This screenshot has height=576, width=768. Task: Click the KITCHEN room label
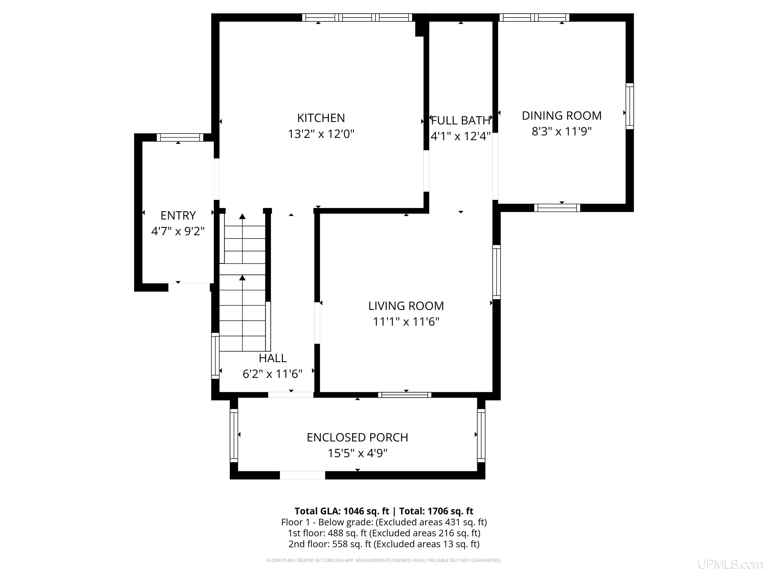click(x=321, y=118)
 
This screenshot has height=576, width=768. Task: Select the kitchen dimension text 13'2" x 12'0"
click(x=321, y=134)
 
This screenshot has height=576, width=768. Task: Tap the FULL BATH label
click(x=460, y=120)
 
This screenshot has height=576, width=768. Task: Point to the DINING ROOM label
click(x=561, y=115)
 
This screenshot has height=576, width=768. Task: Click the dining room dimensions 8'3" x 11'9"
click(x=561, y=131)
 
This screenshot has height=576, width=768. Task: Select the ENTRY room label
click(x=178, y=215)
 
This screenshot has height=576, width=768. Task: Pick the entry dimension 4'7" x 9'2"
click(x=178, y=231)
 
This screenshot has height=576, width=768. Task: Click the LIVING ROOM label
click(x=406, y=306)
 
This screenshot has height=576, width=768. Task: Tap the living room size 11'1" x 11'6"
click(x=406, y=322)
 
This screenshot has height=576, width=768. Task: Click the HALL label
click(x=272, y=358)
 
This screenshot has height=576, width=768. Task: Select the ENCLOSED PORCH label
click(x=357, y=437)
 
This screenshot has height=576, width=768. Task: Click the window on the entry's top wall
click(x=180, y=137)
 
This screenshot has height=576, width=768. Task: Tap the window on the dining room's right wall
click(x=629, y=106)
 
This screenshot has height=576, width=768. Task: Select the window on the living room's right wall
click(x=496, y=272)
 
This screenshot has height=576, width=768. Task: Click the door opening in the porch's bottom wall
click(x=302, y=475)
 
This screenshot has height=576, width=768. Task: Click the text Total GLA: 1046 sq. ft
click(x=342, y=511)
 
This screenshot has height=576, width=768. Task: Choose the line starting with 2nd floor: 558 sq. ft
click(x=384, y=544)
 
